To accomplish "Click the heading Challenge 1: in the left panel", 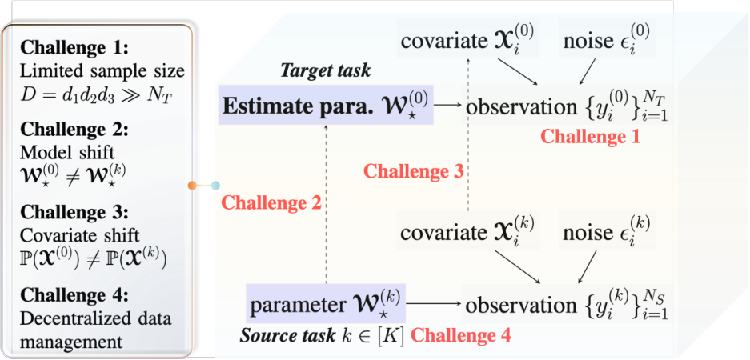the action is tap(75, 48).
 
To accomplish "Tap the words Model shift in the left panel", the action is tap(67, 152).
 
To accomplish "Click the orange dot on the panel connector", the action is tap(193, 186).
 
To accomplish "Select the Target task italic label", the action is tap(325, 70).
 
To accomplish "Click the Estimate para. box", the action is tap(326, 105).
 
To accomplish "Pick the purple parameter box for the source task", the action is tap(326, 302).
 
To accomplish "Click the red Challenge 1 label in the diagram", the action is tap(590, 138).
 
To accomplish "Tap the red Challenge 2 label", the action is tap(271, 203).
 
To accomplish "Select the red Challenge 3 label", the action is tap(414, 171).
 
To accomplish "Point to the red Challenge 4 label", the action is tap(461, 335).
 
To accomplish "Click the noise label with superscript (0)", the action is tap(607, 40).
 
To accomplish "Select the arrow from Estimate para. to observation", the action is tap(447, 105).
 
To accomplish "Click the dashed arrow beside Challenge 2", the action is tap(326, 204).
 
